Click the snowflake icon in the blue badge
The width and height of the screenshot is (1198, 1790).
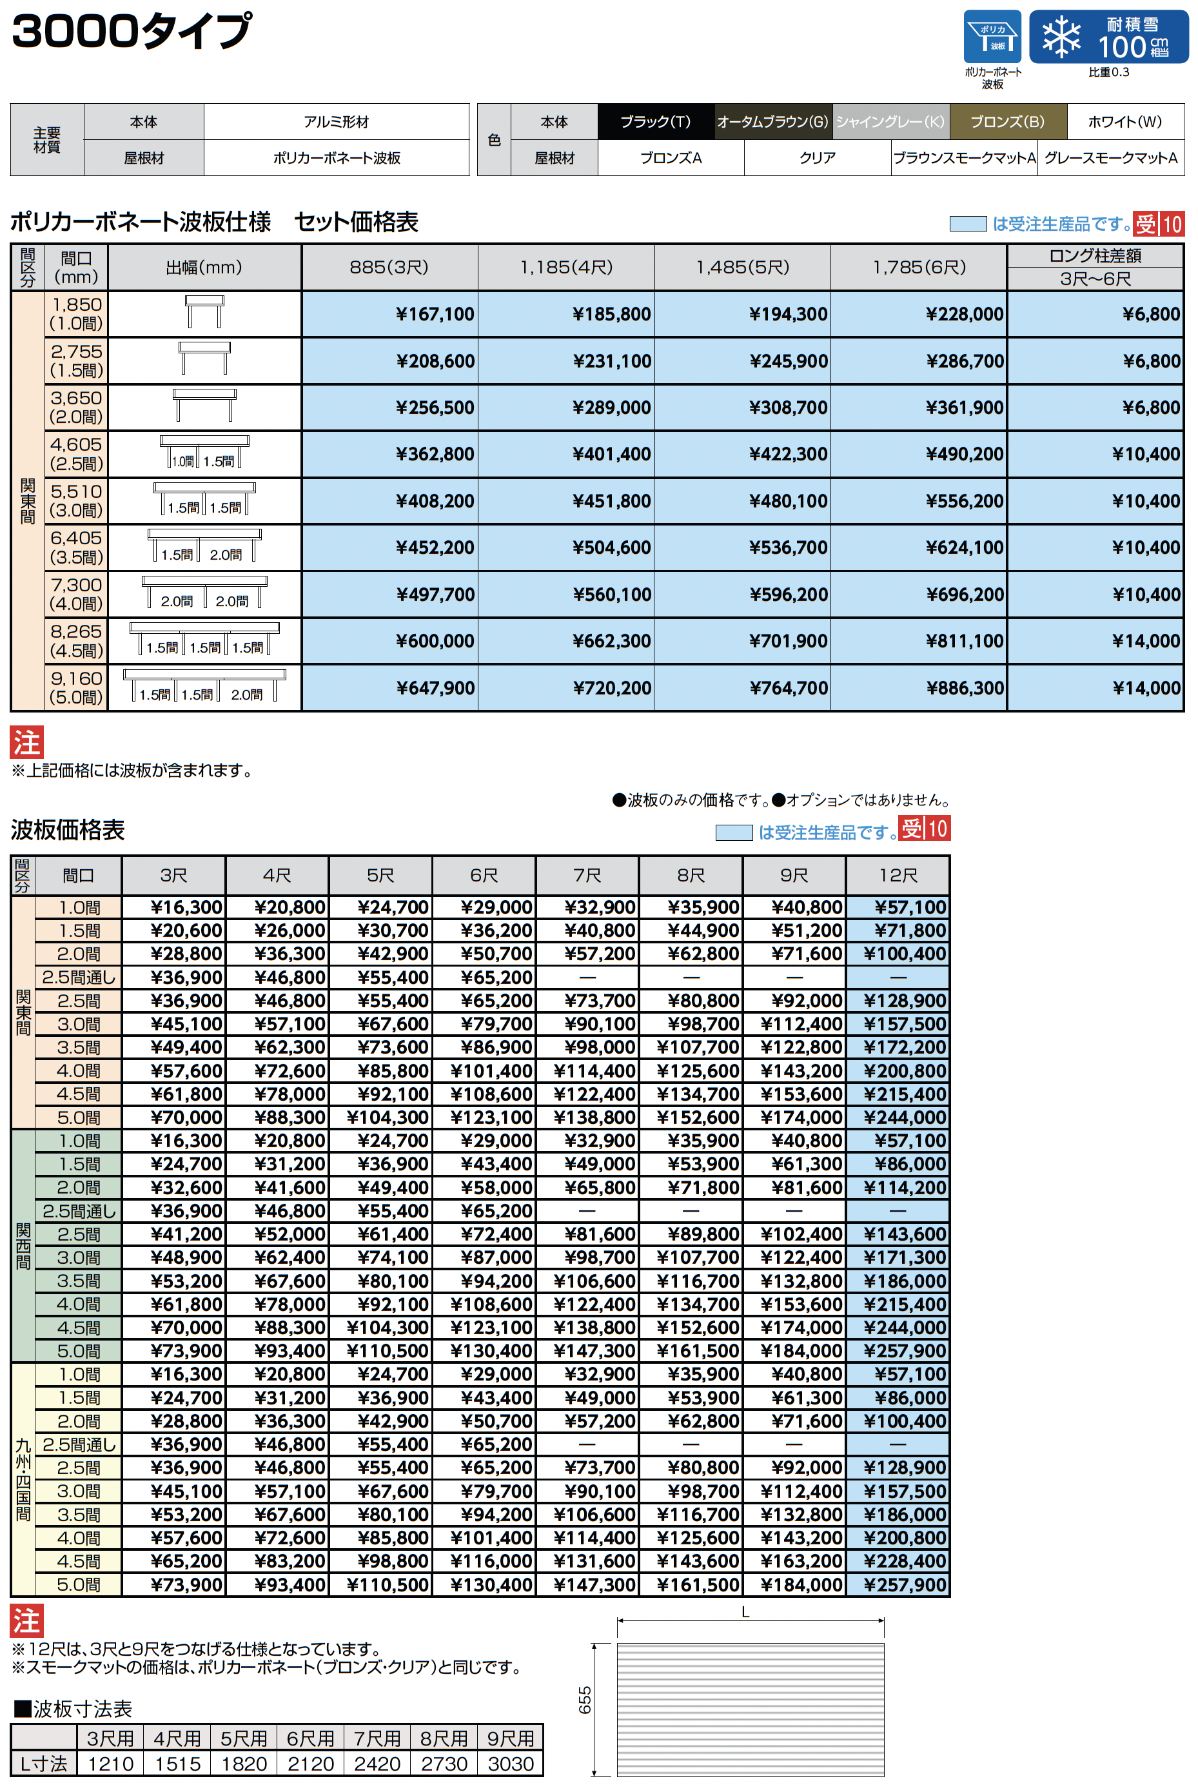pos(1061,37)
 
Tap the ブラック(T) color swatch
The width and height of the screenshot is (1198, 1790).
pos(655,121)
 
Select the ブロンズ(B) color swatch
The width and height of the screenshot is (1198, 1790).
pos(1007,121)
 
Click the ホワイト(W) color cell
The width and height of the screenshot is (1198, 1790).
pos(1124,121)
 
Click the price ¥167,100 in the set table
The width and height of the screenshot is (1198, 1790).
pos(435,314)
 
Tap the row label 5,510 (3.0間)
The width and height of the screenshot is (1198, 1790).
pos(75,500)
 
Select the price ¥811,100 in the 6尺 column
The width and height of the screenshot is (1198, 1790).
pos(964,641)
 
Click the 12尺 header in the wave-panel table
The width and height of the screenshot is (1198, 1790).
pos(898,876)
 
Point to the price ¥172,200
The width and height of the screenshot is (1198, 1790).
pos(905,1047)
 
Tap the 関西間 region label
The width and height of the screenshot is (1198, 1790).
pos(23,1246)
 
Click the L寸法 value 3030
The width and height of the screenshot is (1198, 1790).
pos(511,1764)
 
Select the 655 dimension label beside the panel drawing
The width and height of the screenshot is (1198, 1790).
pos(584,1700)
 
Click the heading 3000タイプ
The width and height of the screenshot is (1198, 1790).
pos(132,32)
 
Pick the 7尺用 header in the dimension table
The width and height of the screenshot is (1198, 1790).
pos(377,1738)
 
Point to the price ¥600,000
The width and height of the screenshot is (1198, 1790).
pos(435,641)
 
